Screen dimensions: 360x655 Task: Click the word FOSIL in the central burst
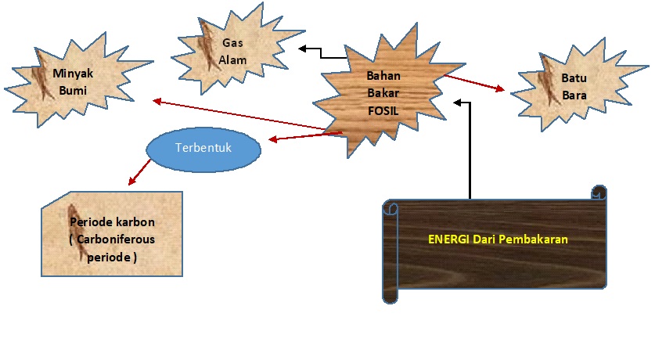383,111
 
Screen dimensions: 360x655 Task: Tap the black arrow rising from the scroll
470,149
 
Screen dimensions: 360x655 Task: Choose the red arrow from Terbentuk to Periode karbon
140,171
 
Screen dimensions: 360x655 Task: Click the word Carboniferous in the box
111,239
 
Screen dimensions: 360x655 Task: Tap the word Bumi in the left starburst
71,90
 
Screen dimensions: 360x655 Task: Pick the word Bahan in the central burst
383,77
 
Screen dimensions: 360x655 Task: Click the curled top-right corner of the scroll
599,193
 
